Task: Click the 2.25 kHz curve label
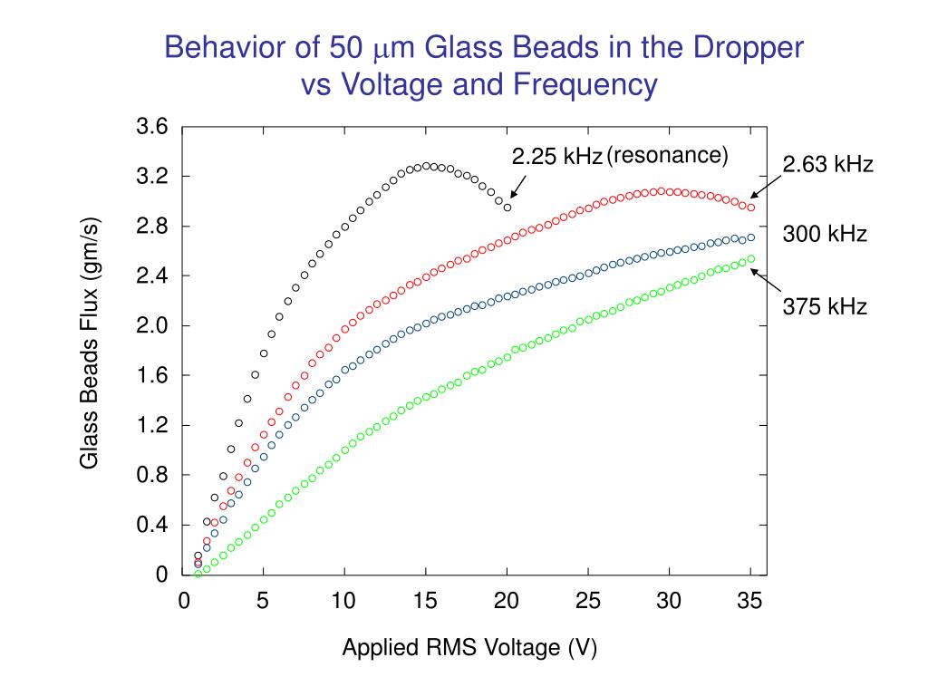[x=556, y=158]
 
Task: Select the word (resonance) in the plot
[x=667, y=156]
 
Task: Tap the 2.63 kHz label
[x=827, y=165]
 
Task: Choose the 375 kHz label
[x=825, y=307]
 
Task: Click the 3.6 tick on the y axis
[x=152, y=127]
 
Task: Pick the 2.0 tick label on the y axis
[x=152, y=326]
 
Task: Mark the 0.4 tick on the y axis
[x=152, y=526]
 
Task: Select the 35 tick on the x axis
[x=750, y=601]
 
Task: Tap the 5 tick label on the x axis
[x=263, y=601]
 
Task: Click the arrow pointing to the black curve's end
[x=517, y=187]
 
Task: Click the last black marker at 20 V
[x=507, y=208]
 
